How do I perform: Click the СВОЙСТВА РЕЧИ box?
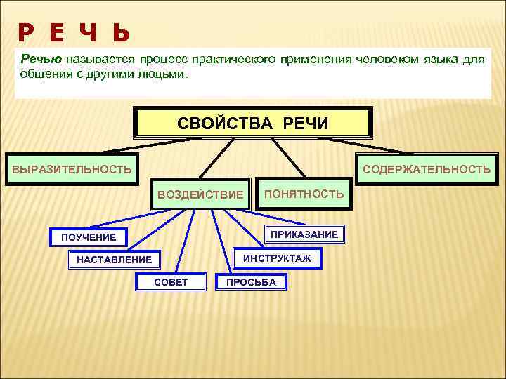(252, 124)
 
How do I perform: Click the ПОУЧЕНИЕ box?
(89, 237)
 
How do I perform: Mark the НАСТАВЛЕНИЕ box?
(114, 260)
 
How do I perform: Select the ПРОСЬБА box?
(251, 282)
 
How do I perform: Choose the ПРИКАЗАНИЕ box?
(304, 234)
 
